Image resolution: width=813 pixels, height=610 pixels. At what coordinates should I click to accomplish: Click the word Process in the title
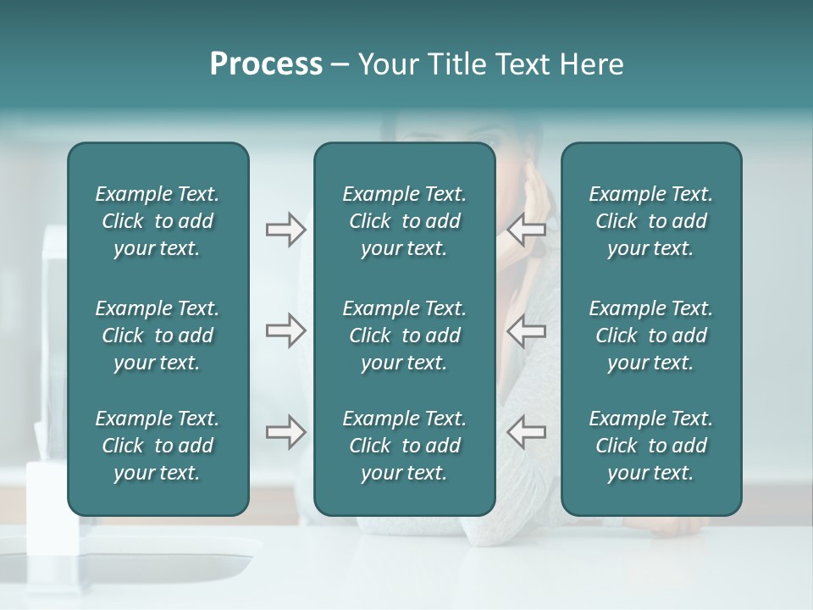click(266, 64)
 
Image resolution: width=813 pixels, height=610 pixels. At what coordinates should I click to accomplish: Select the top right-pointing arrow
click(285, 229)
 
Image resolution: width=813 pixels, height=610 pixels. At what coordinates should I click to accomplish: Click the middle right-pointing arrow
click(285, 330)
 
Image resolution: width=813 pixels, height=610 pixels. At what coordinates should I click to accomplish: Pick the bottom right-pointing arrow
click(285, 432)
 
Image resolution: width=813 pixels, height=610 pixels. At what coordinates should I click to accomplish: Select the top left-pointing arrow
click(526, 229)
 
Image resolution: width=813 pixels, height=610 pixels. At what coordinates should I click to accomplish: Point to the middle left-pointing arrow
click(526, 330)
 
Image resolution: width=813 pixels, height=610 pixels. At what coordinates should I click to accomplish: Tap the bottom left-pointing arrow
click(526, 432)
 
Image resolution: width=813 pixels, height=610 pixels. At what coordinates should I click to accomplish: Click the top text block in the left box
click(158, 221)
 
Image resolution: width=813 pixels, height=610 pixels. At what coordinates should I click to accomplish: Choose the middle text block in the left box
click(158, 335)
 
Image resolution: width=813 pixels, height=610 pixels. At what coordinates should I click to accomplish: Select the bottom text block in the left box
click(158, 446)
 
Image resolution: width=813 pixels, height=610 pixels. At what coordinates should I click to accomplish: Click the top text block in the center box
click(405, 221)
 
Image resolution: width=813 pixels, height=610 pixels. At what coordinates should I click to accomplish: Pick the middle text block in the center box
click(405, 335)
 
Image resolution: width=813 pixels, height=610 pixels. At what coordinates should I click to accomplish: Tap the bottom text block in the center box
click(405, 446)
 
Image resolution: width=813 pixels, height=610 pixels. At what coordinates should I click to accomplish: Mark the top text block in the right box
click(651, 221)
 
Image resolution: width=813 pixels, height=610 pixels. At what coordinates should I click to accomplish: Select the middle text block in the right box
click(651, 335)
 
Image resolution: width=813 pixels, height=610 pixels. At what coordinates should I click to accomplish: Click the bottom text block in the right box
click(651, 446)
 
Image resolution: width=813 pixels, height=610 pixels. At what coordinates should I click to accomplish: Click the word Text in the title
click(520, 64)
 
